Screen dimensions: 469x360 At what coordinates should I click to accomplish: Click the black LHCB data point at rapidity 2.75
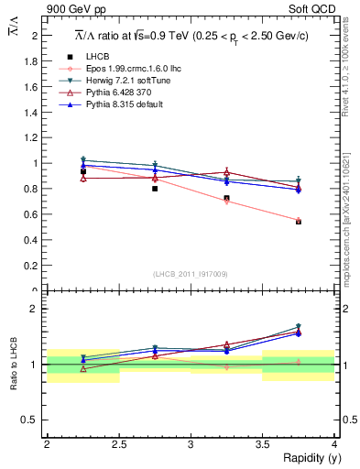point(155,189)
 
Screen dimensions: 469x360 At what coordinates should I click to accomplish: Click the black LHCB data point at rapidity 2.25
point(83,171)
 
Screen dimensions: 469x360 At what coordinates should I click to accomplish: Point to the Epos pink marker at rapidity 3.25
point(226,202)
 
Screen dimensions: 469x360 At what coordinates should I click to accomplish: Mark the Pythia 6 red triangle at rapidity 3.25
point(226,172)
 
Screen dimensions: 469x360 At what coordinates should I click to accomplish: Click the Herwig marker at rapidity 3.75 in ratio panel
point(298,327)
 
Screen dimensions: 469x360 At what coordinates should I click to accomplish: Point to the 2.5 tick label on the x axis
point(118,443)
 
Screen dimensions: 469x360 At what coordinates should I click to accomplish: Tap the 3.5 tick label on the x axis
point(262,443)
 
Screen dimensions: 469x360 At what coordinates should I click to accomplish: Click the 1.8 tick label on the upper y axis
point(34,60)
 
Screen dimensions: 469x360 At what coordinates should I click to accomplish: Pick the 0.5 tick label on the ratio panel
point(33,420)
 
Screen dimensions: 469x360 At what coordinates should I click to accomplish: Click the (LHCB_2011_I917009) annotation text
point(190,273)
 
